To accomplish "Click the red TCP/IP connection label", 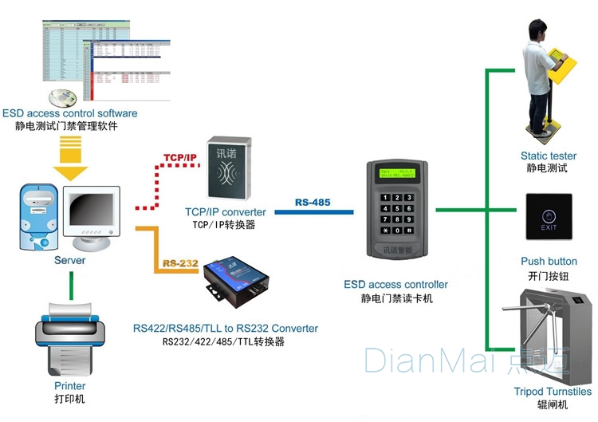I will coord(180,156).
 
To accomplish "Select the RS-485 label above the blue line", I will coord(312,203).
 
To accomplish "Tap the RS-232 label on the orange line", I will coord(180,262).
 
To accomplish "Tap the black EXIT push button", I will coord(549,217).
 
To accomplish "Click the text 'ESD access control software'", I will coord(70,113).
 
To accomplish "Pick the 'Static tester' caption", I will coord(549,156).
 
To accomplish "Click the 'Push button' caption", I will coord(549,262).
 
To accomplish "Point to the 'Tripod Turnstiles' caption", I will coord(553,392).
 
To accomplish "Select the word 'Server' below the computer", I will coord(69,260).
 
